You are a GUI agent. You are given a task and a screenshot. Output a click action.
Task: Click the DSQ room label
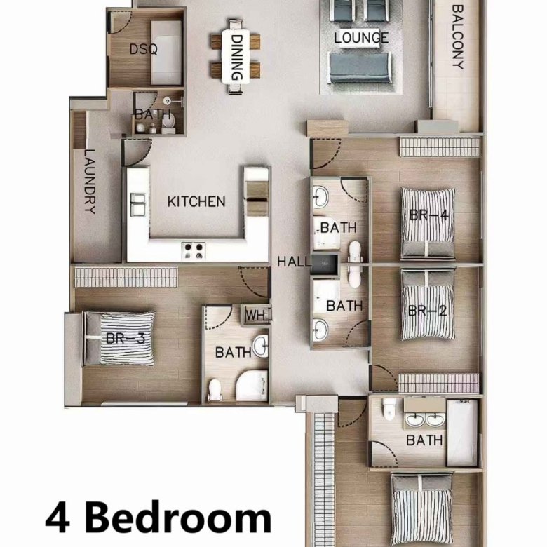coord(143,49)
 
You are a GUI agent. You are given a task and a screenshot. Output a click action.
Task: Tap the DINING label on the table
coord(237,58)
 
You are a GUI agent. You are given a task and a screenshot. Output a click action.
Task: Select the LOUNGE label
coord(361,38)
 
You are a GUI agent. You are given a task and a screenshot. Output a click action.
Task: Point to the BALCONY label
coord(458,36)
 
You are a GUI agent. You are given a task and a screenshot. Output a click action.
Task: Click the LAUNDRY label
coord(90,182)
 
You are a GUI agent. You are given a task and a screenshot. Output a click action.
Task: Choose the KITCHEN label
coord(196,202)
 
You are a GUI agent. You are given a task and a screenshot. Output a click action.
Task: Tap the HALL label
coord(293,262)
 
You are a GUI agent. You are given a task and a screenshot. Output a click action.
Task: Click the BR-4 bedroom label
coord(428,215)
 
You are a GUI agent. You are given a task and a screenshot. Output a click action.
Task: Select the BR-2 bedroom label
coord(427,310)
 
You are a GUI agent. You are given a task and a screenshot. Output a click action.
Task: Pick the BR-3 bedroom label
coord(126,338)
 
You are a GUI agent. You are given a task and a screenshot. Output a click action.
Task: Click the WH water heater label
coord(259,315)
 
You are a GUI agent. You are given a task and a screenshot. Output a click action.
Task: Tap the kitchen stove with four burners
coord(194,251)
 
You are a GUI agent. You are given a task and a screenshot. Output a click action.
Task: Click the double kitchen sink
coord(137,204)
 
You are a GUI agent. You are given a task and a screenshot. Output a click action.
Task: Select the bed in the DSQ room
coord(166,53)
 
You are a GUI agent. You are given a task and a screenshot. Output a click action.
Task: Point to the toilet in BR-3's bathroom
coord(215,391)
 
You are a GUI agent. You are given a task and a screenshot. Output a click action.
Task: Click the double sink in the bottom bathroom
coord(424,419)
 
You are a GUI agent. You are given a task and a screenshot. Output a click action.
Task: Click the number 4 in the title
coord(58,520)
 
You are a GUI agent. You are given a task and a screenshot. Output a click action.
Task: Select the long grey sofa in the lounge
coord(360,68)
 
